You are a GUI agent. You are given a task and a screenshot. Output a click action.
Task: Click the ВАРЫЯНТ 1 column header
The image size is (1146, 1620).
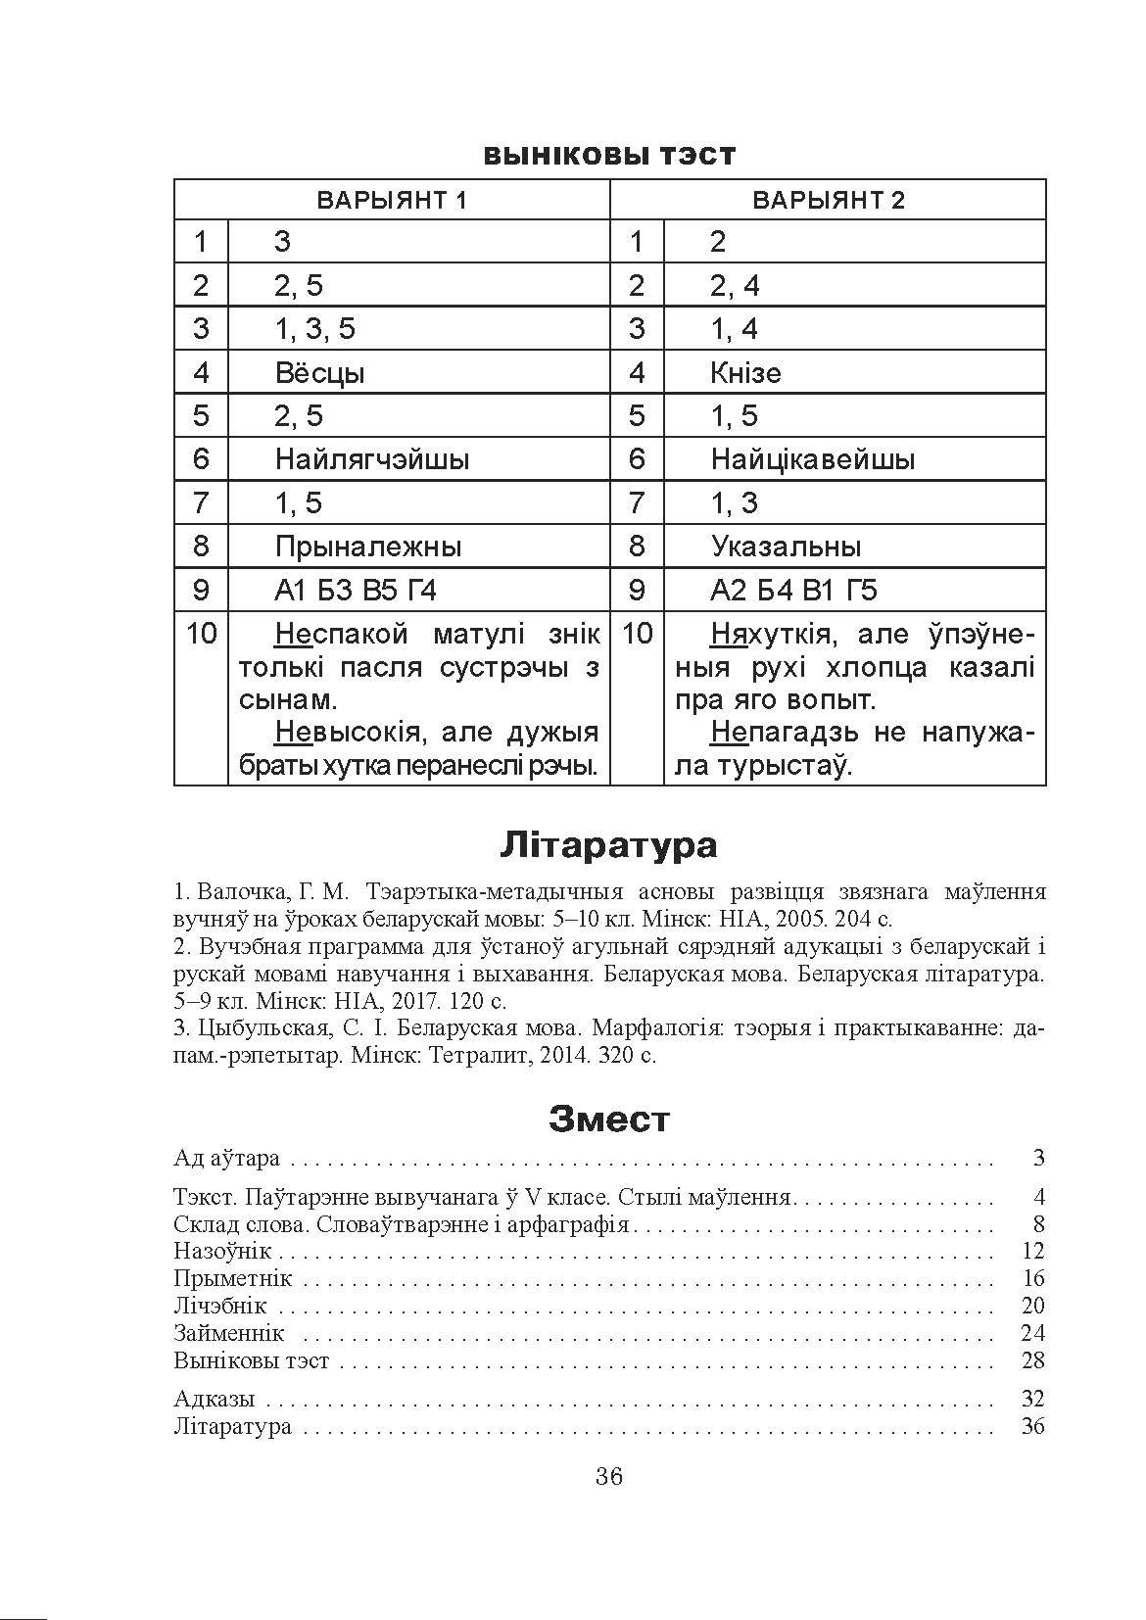coord(391,201)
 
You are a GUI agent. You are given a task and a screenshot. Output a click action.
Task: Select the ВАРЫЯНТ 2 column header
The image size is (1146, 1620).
coord(828,201)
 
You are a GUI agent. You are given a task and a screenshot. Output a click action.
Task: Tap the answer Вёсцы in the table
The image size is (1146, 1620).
coord(319,373)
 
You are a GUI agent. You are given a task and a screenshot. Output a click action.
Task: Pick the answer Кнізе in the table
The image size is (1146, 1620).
coord(745,373)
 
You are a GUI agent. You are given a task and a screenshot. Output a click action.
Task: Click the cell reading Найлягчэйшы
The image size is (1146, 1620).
coord(371,459)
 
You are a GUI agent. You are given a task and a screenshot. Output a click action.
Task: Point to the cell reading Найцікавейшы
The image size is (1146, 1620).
coord(812,459)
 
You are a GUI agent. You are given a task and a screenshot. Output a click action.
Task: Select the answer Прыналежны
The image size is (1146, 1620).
coord(367,547)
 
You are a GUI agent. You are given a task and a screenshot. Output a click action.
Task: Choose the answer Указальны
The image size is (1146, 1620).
coord(786,547)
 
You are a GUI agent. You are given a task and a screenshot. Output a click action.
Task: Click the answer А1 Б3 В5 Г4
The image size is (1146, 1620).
coord(355,591)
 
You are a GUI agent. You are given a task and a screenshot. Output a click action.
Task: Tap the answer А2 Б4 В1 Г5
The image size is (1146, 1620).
coord(793,591)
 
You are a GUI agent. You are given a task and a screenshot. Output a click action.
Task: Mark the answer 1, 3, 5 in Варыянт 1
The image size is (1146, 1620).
coord(314,329)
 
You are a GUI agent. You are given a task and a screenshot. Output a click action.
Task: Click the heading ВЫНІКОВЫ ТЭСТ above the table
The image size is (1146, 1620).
coord(608,156)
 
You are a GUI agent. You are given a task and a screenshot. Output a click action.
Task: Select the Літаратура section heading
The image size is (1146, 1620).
coord(608,845)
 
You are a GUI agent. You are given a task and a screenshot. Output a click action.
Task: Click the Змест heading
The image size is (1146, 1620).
coord(608,1119)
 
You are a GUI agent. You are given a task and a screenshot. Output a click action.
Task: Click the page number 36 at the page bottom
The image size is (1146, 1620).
coord(608,1477)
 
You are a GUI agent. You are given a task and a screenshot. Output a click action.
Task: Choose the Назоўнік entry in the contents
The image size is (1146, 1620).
coord(221,1251)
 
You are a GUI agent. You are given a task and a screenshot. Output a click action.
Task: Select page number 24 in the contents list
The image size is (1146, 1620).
coord(1032,1333)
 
